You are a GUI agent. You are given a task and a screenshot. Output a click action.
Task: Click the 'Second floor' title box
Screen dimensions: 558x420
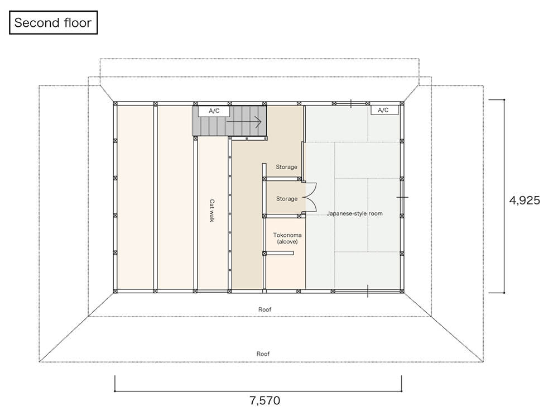click(x=54, y=22)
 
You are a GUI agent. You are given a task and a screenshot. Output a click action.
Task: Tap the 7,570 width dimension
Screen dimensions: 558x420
click(x=264, y=400)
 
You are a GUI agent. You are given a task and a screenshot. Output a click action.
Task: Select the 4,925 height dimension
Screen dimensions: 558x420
click(x=525, y=200)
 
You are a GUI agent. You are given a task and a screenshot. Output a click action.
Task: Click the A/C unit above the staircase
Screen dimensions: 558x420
click(x=214, y=111)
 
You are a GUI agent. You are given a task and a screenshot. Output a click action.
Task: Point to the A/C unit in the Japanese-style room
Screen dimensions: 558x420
click(x=383, y=109)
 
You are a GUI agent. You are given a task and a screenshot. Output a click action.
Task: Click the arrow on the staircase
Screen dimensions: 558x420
click(x=244, y=122)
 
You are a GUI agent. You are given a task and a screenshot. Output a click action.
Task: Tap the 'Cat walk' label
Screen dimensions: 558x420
click(x=212, y=211)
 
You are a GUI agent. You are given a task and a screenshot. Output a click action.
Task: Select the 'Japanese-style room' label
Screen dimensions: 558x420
click(x=355, y=213)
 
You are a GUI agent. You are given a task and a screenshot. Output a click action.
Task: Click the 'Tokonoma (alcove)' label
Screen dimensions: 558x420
click(x=287, y=238)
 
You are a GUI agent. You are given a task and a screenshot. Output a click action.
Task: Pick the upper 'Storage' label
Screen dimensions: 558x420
click(x=286, y=167)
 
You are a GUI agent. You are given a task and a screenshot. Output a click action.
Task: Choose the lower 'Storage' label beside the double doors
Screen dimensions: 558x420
click(x=287, y=199)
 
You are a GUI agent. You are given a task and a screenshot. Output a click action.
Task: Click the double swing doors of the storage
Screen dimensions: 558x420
click(x=309, y=198)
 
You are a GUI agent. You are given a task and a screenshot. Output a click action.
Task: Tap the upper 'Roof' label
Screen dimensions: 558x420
click(x=264, y=309)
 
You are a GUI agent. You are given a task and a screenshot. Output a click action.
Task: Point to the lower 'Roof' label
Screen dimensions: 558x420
click(x=263, y=354)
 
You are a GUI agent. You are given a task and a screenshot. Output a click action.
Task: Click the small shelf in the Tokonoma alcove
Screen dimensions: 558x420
click(x=280, y=253)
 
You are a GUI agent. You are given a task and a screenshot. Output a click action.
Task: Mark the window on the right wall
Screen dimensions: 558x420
click(x=402, y=197)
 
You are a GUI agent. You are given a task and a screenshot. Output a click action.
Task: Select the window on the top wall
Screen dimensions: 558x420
click(x=351, y=104)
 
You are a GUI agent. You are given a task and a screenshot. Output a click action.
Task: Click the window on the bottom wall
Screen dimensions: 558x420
click(x=368, y=291)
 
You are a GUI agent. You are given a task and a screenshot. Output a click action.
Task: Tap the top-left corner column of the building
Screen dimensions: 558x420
click(x=116, y=104)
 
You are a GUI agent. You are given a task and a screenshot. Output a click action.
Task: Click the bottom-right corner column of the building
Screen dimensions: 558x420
click(x=402, y=292)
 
